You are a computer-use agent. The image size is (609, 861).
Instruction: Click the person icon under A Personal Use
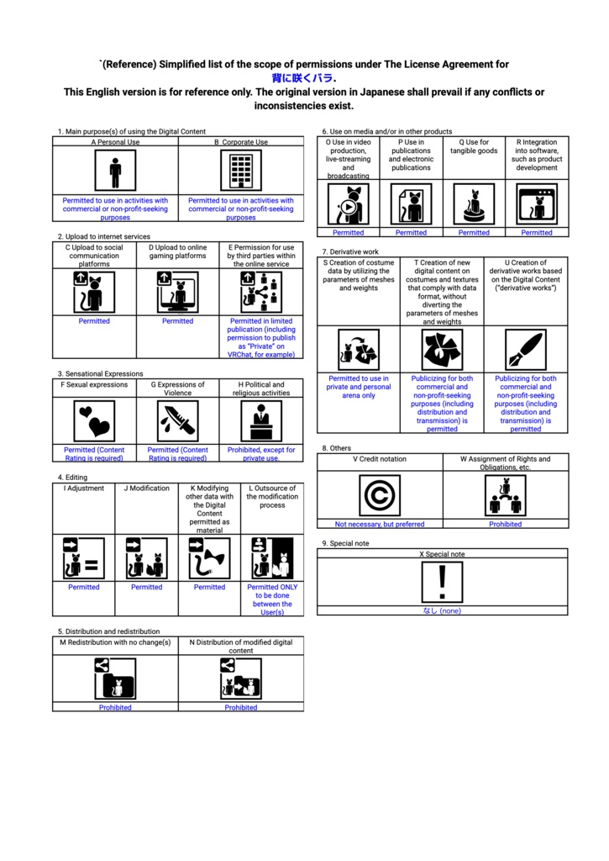coord(115,172)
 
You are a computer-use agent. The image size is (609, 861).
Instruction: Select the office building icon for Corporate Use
coord(241,172)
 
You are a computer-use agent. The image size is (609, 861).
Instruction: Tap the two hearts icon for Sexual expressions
coord(94,421)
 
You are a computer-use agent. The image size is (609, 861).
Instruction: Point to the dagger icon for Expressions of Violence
coord(178,421)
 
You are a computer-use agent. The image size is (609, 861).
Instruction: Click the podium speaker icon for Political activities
coord(261,421)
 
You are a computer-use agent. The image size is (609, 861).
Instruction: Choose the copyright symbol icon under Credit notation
coord(380,496)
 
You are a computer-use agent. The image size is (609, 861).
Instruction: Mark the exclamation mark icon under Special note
coord(442,583)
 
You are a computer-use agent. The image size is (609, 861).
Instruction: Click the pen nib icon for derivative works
coord(526,350)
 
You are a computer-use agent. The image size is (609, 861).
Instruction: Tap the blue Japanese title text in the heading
coord(304,78)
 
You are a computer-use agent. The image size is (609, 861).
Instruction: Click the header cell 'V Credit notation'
coord(380,459)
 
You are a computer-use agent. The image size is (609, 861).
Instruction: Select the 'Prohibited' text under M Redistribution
coord(115,707)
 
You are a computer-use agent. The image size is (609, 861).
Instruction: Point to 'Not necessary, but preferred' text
coord(380,524)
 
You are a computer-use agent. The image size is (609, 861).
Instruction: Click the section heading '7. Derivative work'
coord(350,251)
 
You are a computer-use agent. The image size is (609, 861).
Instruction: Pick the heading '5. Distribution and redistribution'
coord(108,631)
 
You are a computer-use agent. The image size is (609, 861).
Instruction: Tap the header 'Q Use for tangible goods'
coord(474,147)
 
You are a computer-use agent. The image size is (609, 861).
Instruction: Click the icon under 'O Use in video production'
coord(349,204)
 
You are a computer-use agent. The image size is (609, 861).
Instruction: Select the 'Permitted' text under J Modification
coord(146,587)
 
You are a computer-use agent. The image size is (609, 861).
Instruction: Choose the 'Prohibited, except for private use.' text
coord(261,454)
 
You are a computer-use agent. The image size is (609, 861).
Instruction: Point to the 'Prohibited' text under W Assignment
coord(505,524)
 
